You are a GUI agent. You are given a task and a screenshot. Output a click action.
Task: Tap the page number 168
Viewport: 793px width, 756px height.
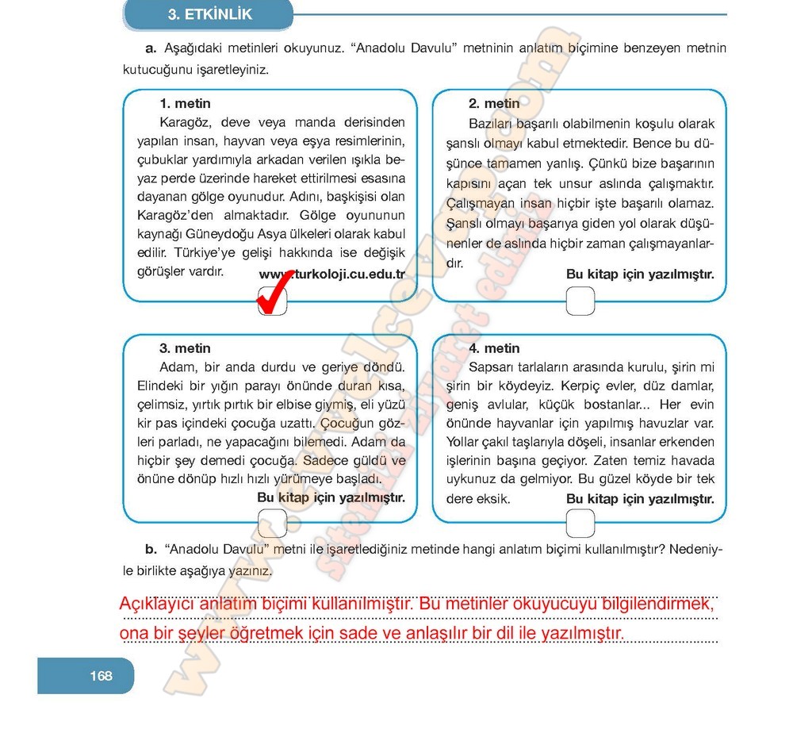tap(101, 676)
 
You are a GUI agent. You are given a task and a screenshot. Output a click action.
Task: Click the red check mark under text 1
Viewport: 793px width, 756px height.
tap(272, 301)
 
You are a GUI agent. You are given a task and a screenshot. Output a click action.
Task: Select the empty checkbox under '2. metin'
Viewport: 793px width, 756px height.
tap(581, 300)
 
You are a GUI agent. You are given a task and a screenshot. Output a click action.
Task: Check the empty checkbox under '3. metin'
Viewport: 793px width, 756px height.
tap(272, 522)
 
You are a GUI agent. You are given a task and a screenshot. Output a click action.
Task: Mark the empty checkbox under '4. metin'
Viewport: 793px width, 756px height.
tap(581, 522)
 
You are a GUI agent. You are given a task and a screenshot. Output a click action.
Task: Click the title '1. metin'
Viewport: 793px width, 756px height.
tap(185, 103)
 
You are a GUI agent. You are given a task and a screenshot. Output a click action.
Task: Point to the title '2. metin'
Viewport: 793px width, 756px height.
tap(494, 103)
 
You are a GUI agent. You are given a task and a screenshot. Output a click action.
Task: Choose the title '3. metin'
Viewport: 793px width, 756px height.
tap(185, 347)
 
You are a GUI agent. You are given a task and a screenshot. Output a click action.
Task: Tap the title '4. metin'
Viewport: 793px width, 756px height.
tap(494, 347)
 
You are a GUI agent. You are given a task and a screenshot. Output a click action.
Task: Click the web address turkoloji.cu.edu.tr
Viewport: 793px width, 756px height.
tap(332, 274)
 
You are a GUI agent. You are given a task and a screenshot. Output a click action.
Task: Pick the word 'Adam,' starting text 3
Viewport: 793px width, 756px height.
tap(177, 366)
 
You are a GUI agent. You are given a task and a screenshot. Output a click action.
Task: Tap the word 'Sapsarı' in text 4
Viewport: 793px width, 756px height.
tap(492, 366)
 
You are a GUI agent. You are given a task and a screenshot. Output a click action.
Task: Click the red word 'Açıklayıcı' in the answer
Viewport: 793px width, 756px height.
tap(155, 604)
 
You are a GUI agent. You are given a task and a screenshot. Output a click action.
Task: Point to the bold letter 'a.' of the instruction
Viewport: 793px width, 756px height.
tap(150, 48)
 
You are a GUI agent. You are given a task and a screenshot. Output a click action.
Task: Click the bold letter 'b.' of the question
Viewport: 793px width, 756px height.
tap(151, 549)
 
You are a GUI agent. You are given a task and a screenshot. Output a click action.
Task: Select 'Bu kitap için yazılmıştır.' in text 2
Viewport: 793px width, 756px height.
tap(640, 274)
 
